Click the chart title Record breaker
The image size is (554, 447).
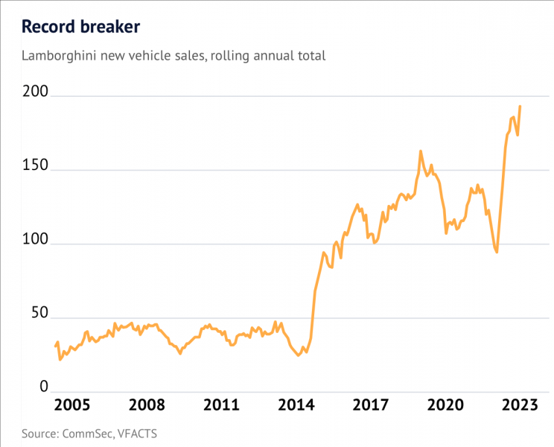[81, 27]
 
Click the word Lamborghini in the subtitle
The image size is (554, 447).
[59, 56]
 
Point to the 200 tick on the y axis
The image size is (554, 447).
[35, 92]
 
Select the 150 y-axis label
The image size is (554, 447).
[35, 165]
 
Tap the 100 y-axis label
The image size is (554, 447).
[35, 239]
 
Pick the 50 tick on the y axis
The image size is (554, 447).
[39, 313]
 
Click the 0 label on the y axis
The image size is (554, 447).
[44, 387]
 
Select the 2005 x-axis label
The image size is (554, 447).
[72, 405]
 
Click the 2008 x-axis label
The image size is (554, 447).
[147, 405]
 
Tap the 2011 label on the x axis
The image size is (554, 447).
[222, 405]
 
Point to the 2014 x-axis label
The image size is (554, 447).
[296, 405]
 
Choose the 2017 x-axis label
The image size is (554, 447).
[371, 405]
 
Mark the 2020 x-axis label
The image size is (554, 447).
[445, 405]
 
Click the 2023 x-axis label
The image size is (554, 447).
[520, 405]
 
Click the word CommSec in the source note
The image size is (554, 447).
[88, 434]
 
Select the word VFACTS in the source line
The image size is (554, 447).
[137, 434]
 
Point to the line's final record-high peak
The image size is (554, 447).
[520, 107]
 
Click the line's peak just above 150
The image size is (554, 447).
[421, 151]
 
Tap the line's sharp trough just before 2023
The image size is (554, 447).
[497, 252]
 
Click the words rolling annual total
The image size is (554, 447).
[268, 56]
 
